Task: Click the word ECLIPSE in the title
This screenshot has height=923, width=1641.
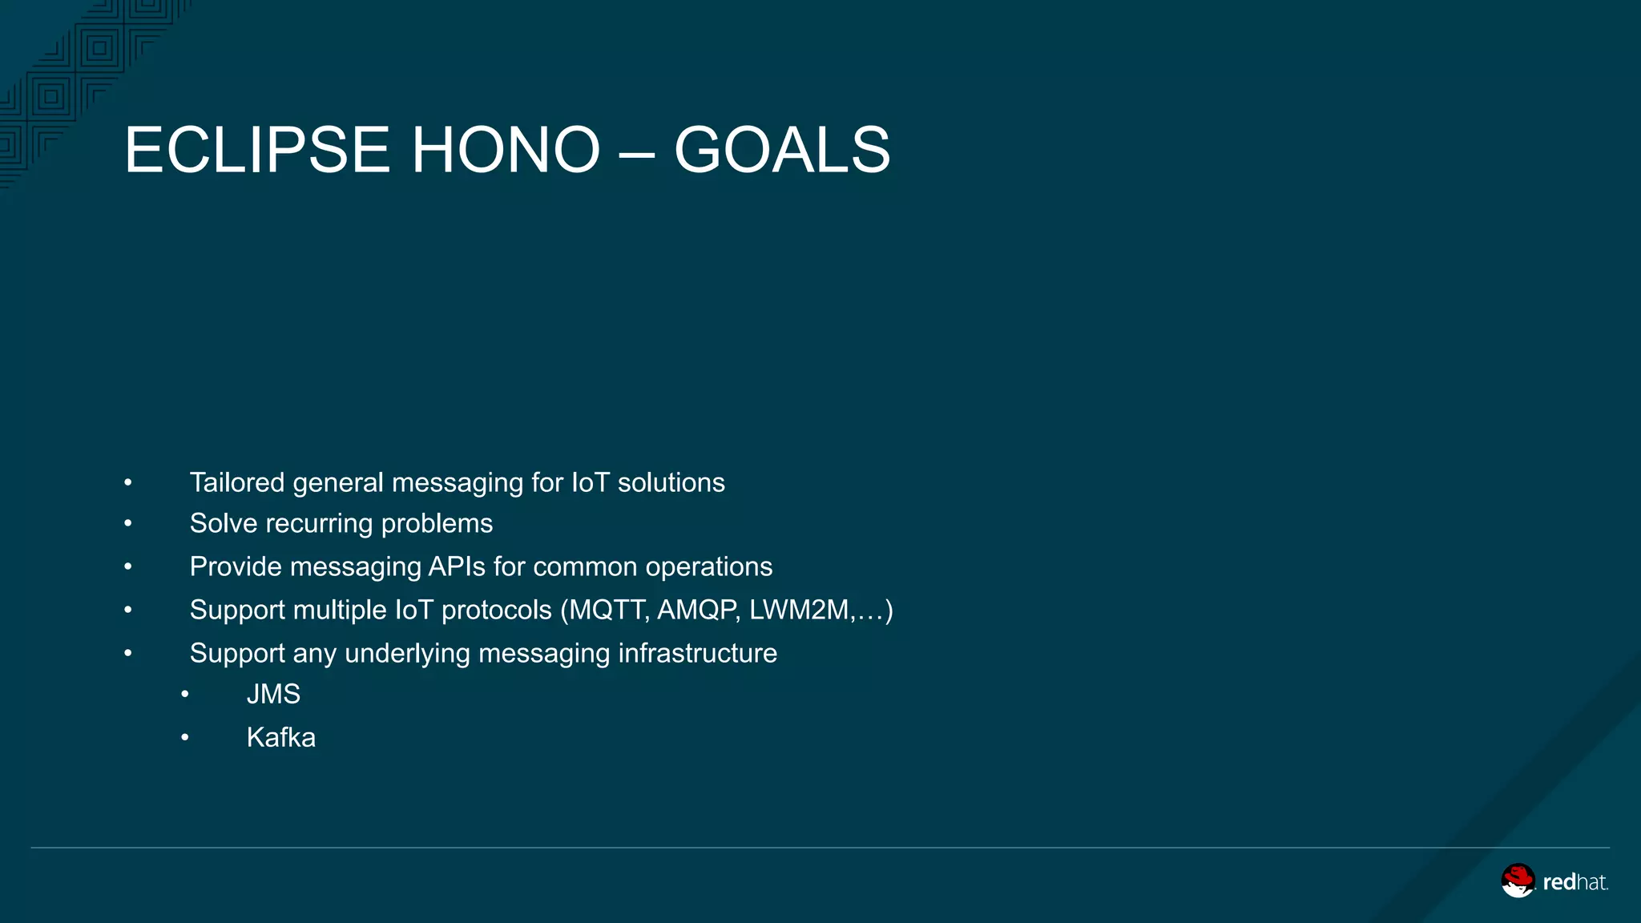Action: tap(256, 150)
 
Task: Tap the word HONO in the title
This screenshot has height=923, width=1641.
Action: tap(506, 150)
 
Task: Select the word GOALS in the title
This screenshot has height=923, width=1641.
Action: tap(782, 150)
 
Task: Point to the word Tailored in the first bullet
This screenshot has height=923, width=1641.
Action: tap(236, 482)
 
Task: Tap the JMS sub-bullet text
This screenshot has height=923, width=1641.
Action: tap(273, 694)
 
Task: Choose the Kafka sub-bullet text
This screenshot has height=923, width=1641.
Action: tap(280, 737)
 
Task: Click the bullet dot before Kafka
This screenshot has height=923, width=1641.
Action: tap(184, 737)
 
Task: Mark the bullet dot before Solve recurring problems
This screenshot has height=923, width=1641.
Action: tap(127, 524)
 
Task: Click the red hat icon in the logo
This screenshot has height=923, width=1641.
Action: tap(1518, 881)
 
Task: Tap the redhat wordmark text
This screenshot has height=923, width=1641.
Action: tap(1574, 882)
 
